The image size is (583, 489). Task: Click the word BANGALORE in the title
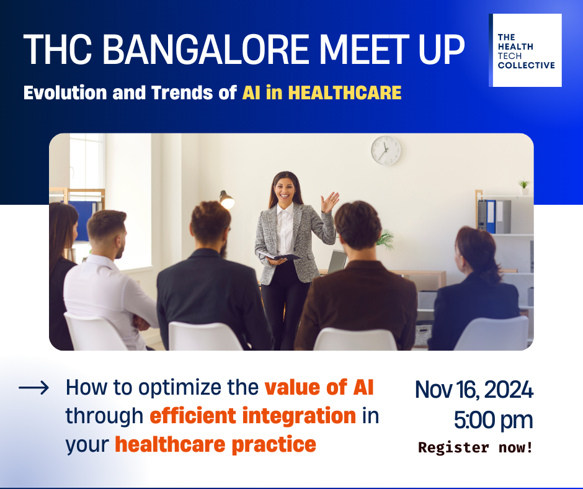(205, 50)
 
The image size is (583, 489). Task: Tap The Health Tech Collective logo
(525, 50)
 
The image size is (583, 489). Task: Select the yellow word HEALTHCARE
(345, 92)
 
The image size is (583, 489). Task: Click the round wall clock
(386, 150)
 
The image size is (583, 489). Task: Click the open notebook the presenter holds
(279, 256)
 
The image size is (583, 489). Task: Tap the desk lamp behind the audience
(226, 200)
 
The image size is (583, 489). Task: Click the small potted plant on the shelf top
(524, 187)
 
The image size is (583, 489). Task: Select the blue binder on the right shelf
(491, 217)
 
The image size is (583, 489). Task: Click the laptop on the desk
(337, 262)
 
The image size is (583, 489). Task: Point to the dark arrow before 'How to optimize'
(33, 388)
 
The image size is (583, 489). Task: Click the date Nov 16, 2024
(474, 390)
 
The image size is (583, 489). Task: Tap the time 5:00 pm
(494, 420)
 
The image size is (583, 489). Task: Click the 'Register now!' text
(476, 447)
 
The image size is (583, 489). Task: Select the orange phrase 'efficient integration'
(253, 416)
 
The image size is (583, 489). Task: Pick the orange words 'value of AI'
(319, 387)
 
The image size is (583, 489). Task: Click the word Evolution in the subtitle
(66, 92)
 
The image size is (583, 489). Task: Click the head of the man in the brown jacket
(358, 225)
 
